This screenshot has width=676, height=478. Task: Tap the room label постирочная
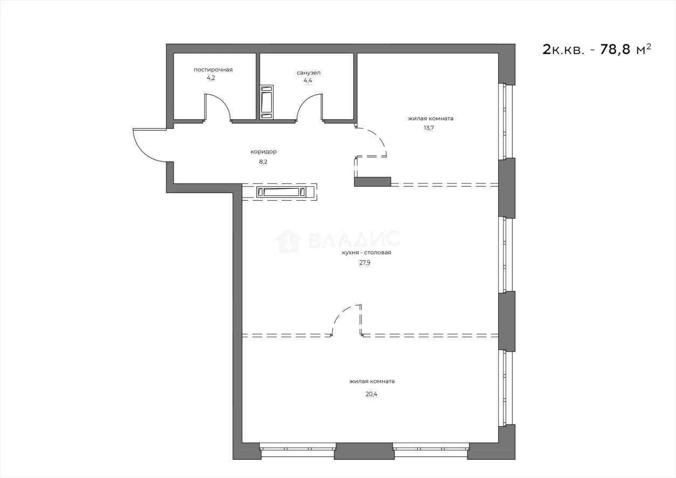click(213, 70)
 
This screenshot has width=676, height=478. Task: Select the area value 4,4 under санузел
click(308, 81)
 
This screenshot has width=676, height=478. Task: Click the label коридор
click(263, 152)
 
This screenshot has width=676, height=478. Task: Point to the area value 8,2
click(263, 161)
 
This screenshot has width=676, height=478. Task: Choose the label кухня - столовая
click(366, 252)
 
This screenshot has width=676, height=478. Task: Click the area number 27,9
click(365, 263)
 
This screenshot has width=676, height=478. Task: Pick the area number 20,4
click(371, 394)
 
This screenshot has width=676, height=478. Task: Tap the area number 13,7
click(429, 128)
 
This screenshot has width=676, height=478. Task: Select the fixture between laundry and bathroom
click(266, 101)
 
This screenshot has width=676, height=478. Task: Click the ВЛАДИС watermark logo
click(337, 241)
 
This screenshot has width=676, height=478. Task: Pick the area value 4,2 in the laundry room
click(211, 78)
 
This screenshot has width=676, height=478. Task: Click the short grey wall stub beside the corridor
click(373, 182)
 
